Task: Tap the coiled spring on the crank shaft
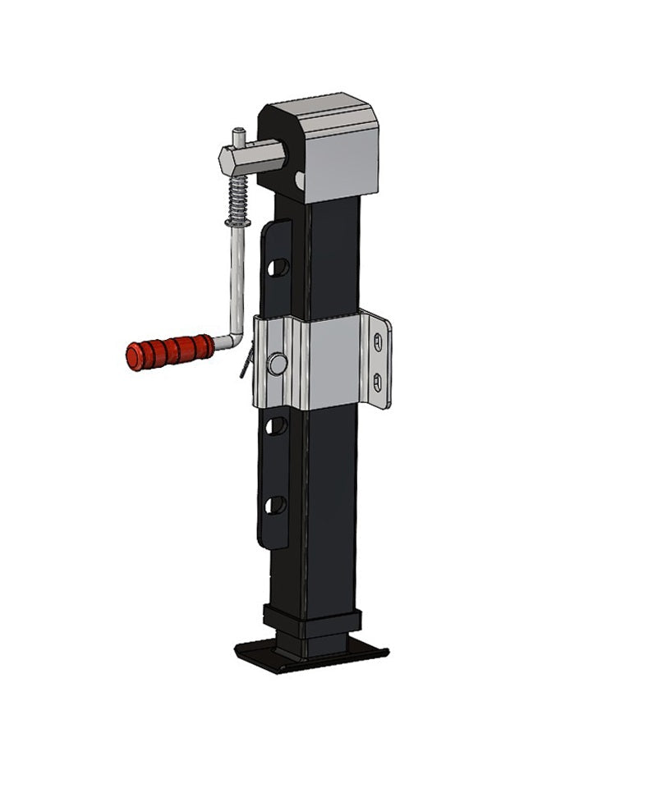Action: point(237,197)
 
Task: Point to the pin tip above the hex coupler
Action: point(238,133)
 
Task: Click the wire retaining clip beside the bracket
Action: point(246,364)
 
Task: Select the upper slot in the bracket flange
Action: point(377,341)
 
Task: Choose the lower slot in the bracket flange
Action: point(377,380)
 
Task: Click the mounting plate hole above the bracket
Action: point(278,268)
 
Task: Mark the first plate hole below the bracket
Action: point(278,425)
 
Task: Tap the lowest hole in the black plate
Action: point(277,504)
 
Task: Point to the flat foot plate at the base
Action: point(311,656)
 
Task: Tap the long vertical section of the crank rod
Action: point(235,279)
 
